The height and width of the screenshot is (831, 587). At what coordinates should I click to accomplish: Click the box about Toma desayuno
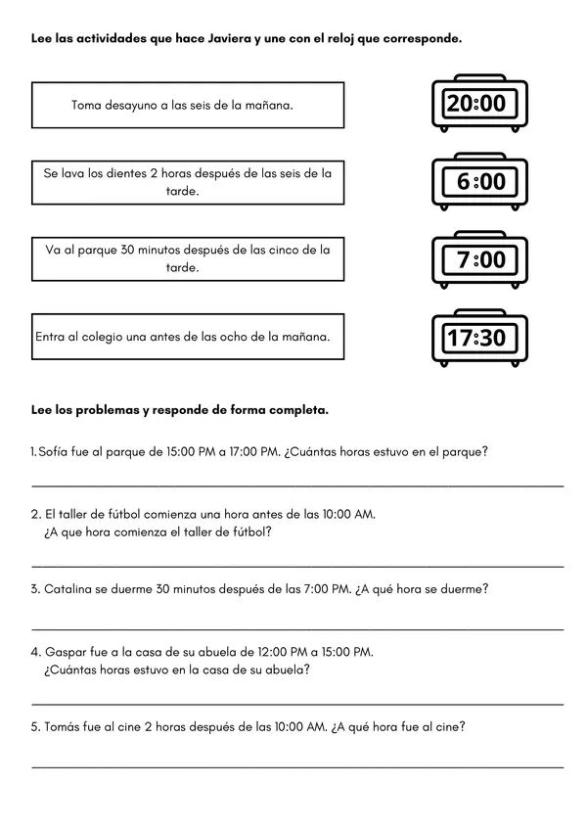[188, 105]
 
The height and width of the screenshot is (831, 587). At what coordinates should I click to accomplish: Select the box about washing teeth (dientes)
[188, 182]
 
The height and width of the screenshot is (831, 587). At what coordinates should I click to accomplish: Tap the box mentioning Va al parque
[188, 258]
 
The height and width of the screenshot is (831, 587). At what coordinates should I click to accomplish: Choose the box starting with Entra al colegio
[188, 336]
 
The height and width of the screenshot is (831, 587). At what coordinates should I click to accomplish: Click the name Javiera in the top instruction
[223, 38]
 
